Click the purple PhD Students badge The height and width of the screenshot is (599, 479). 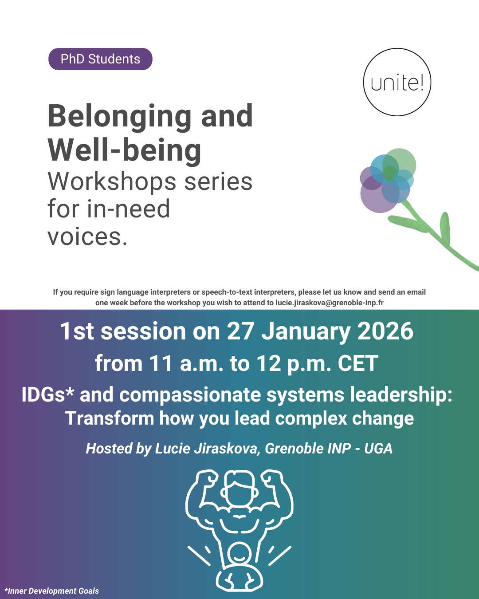(100, 59)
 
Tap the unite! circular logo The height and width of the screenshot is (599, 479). (397, 82)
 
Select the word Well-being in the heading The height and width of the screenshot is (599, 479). (125, 150)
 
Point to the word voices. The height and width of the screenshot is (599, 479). (87, 237)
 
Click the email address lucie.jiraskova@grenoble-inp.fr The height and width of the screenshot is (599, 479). (330, 303)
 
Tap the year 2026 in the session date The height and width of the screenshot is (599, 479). (385, 331)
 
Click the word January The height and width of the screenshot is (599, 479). (306, 332)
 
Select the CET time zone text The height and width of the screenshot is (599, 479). (358, 363)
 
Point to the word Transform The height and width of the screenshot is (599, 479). (110, 418)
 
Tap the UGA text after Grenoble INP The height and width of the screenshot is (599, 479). (378, 449)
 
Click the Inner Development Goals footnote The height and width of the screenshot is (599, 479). (52, 591)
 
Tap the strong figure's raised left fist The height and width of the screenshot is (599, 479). (207, 479)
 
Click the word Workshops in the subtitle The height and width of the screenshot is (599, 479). (112, 182)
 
